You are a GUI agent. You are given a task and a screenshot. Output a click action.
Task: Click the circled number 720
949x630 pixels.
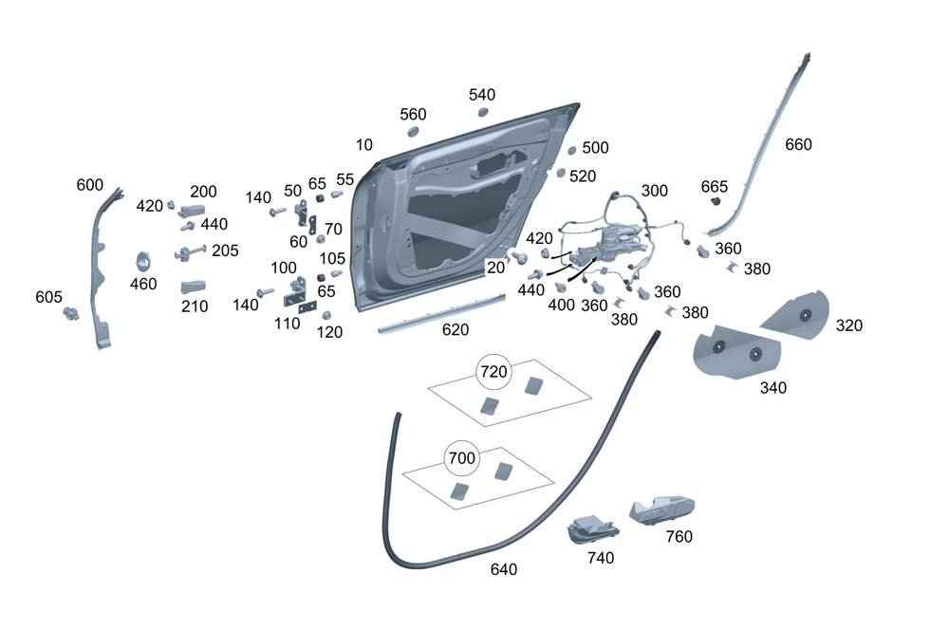(493, 372)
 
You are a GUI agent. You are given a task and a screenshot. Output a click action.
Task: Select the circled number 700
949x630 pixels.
(462, 459)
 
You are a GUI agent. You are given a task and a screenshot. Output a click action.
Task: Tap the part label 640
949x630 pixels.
(504, 569)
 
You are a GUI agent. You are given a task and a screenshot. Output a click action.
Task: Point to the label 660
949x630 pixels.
(799, 145)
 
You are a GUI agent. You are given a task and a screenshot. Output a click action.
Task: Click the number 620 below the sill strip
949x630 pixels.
(455, 330)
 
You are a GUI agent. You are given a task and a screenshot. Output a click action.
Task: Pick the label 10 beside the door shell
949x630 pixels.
(364, 145)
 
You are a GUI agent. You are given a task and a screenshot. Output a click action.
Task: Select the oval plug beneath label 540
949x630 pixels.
(483, 112)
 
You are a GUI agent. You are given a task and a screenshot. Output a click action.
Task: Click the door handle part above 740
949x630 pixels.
(589, 529)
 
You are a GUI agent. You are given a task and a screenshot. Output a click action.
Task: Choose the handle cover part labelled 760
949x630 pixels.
(663, 510)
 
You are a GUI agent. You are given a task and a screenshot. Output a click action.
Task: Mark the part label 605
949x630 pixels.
(48, 297)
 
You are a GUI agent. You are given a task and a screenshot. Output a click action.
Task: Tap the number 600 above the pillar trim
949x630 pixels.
(90, 185)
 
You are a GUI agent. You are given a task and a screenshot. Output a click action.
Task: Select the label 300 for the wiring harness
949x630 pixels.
(655, 191)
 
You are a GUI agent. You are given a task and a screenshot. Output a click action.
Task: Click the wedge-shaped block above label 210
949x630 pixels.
(195, 287)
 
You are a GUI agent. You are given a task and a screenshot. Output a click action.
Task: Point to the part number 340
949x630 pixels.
(773, 387)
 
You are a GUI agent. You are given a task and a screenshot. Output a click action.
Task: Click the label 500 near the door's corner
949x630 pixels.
(595, 148)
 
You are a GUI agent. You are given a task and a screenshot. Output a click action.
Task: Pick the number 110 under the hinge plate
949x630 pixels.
(286, 323)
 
